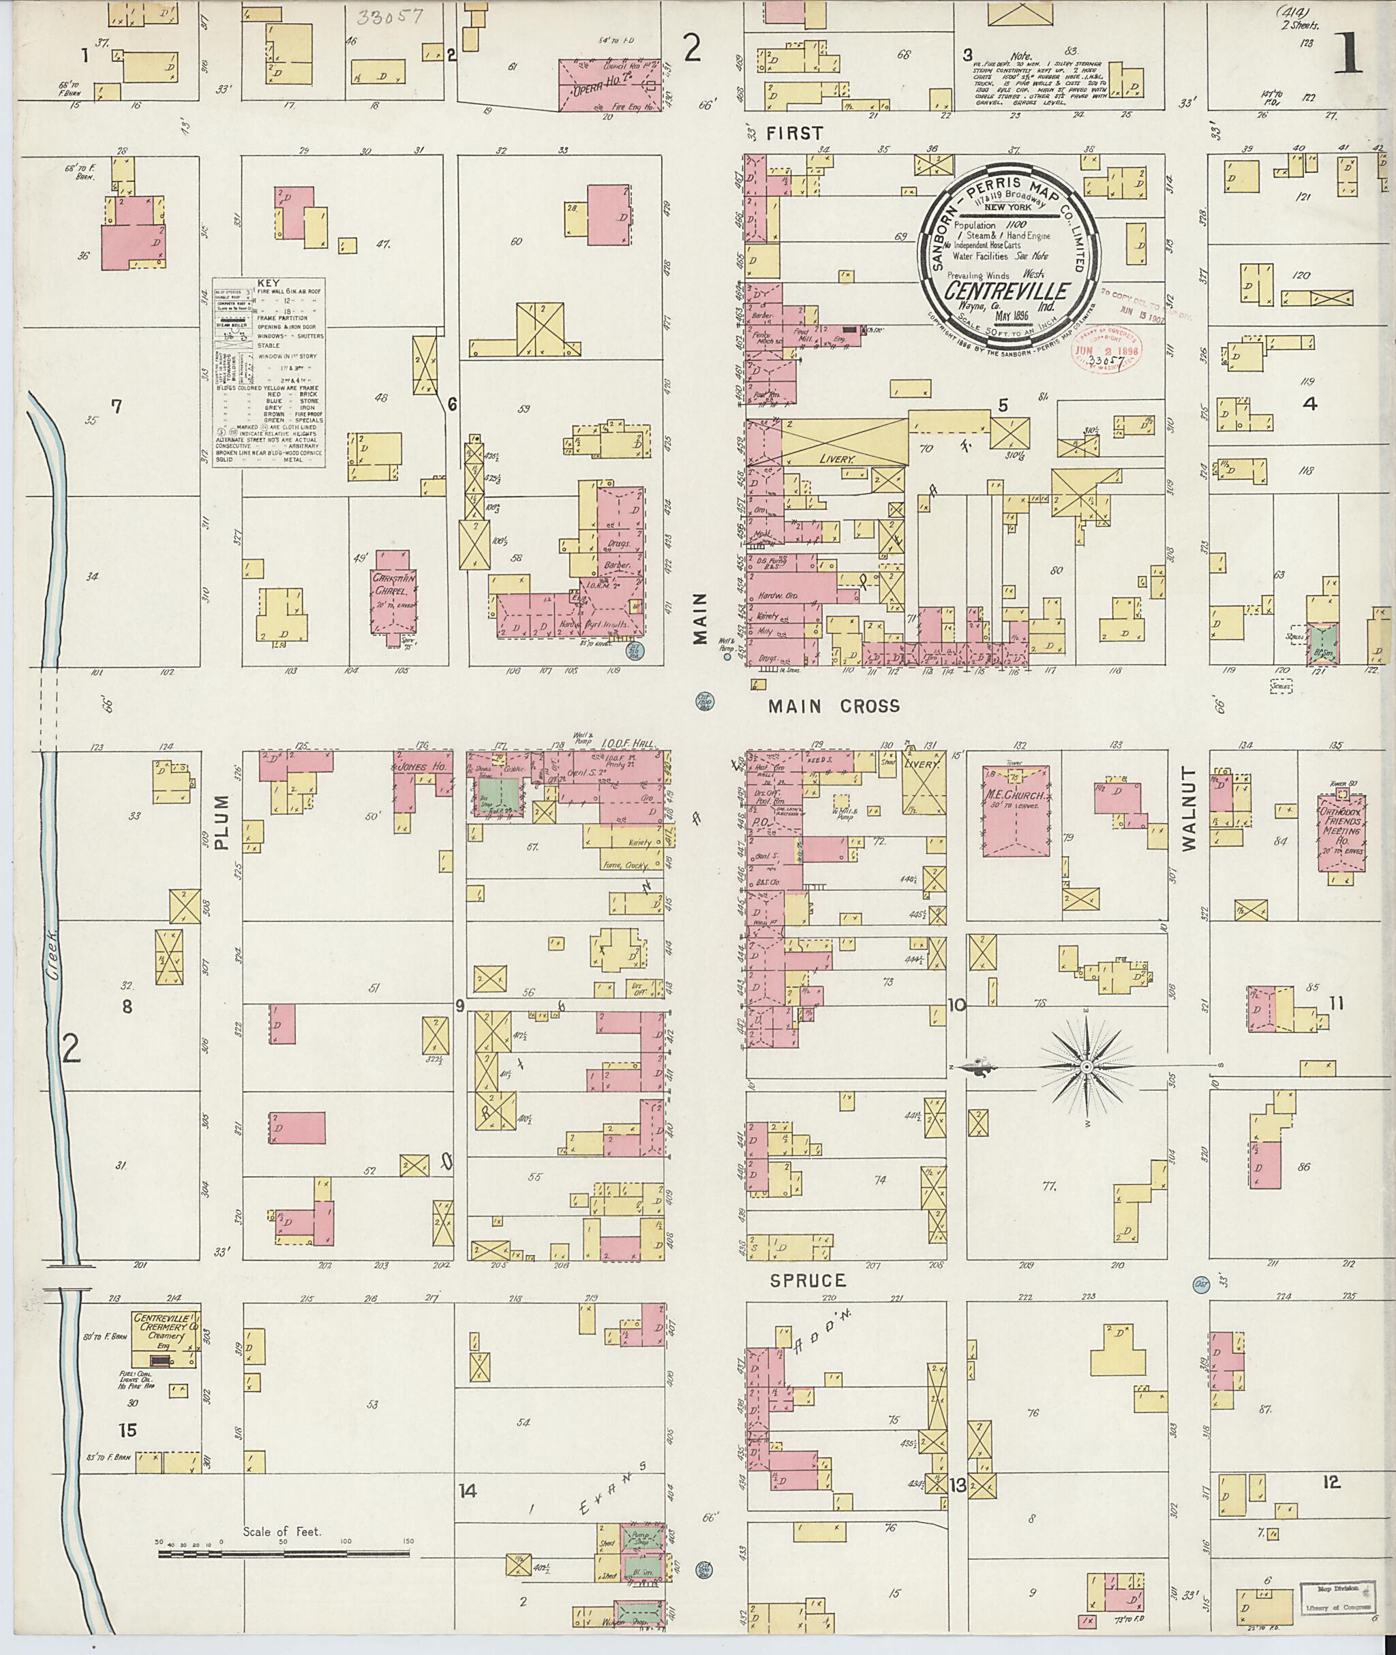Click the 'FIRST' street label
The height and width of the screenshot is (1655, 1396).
pyautogui.click(x=795, y=134)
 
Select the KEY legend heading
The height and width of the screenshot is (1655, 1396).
pyautogui.click(x=269, y=283)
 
